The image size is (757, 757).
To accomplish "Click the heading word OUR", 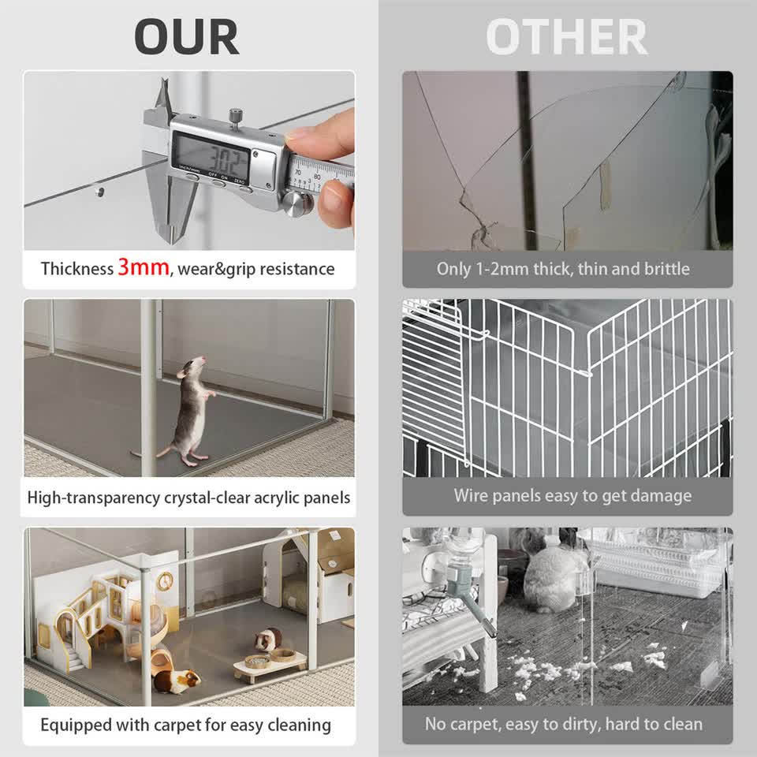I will (x=186, y=36).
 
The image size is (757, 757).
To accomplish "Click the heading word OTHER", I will (x=566, y=36).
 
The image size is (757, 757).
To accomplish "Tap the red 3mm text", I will (x=144, y=267).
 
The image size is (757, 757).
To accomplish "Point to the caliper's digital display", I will (x=211, y=154).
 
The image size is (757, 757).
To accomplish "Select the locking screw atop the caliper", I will (x=235, y=116).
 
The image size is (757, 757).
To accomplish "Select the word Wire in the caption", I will (x=472, y=496).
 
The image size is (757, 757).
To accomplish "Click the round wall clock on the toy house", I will (x=164, y=582).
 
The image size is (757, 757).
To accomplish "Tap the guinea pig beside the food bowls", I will (x=269, y=638).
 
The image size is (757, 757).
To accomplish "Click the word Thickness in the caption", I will (x=77, y=269).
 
